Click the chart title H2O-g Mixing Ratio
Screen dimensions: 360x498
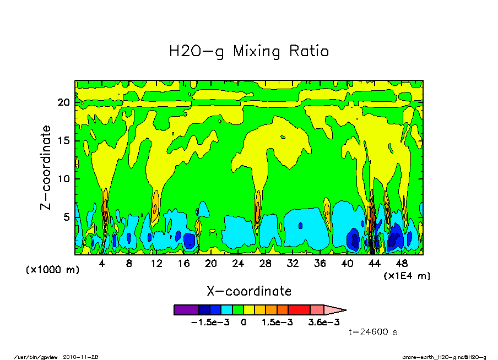(249, 52)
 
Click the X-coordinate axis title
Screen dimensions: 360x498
(249, 291)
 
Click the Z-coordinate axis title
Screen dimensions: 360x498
(46, 167)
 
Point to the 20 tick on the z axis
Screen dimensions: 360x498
(63, 102)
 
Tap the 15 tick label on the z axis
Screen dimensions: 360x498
(63, 141)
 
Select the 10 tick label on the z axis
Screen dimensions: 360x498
(63, 179)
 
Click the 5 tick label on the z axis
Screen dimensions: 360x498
(66, 217)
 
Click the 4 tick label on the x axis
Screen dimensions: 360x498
(102, 264)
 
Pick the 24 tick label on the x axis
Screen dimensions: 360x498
(238, 264)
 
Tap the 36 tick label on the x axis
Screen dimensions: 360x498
(320, 264)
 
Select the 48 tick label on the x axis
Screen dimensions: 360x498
(402, 264)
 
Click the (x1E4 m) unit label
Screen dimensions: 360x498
(407, 275)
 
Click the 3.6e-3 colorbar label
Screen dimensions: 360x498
(323, 323)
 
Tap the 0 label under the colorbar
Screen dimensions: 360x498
(242, 323)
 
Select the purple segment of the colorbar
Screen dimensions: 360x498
(186, 310)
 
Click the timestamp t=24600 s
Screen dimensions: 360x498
(373, 332)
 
